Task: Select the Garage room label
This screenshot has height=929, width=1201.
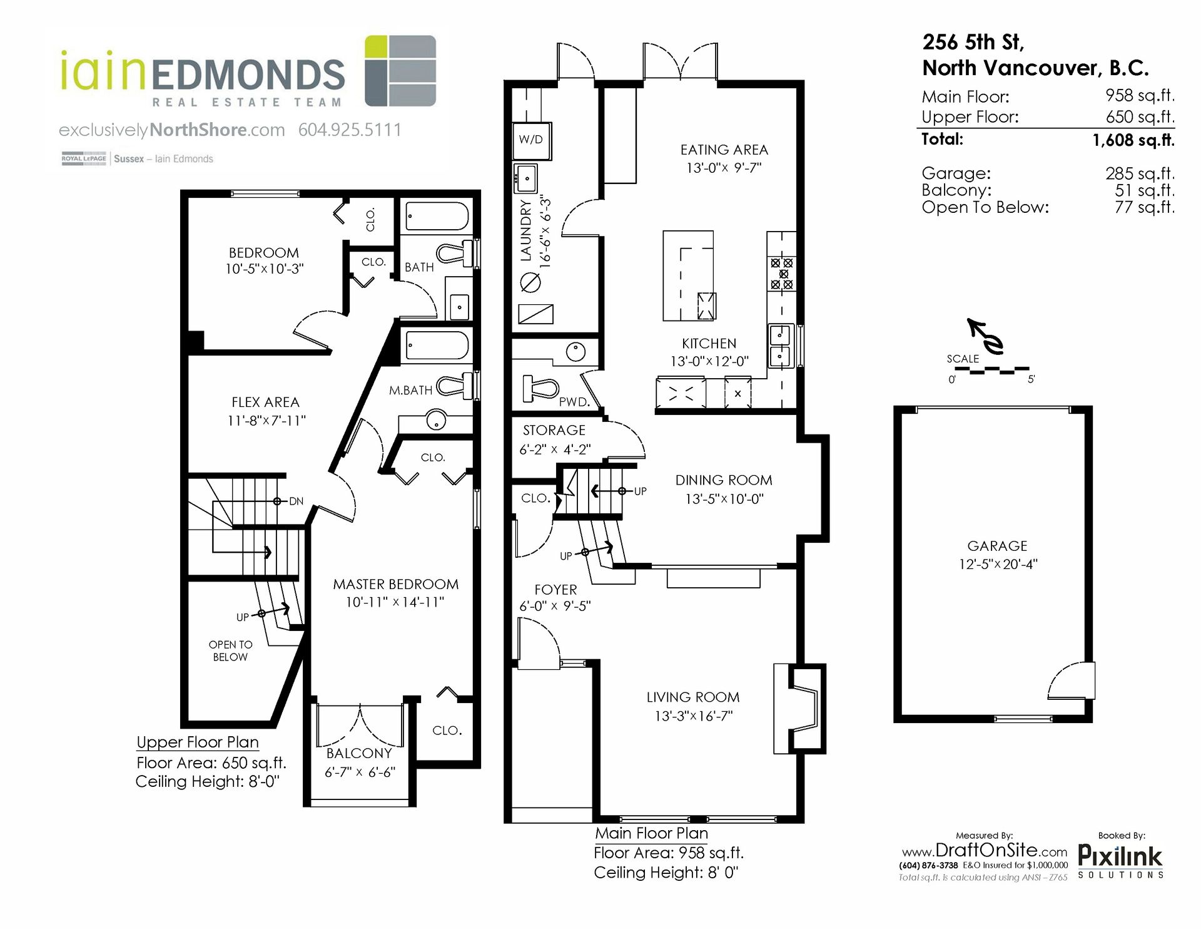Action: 997,546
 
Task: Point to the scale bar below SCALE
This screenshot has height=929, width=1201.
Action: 991,370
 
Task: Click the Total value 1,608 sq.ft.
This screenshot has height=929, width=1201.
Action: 1133,140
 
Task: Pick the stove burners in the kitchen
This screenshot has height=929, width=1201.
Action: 782,274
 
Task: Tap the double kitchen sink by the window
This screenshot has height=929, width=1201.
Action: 780,346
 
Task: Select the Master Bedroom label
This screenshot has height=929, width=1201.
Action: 395,585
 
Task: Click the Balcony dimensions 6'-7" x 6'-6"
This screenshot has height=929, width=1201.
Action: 360,772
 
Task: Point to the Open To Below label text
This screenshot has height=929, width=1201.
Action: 230,650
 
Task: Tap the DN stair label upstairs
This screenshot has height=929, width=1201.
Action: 296,501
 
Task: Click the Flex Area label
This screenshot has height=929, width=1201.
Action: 265,403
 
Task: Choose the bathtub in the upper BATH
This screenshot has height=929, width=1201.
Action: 437,217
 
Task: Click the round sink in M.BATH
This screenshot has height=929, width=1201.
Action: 436,419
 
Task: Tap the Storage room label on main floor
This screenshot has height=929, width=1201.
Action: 554,431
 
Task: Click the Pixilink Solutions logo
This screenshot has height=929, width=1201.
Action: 1120,861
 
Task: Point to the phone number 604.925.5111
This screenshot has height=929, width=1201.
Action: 350,130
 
